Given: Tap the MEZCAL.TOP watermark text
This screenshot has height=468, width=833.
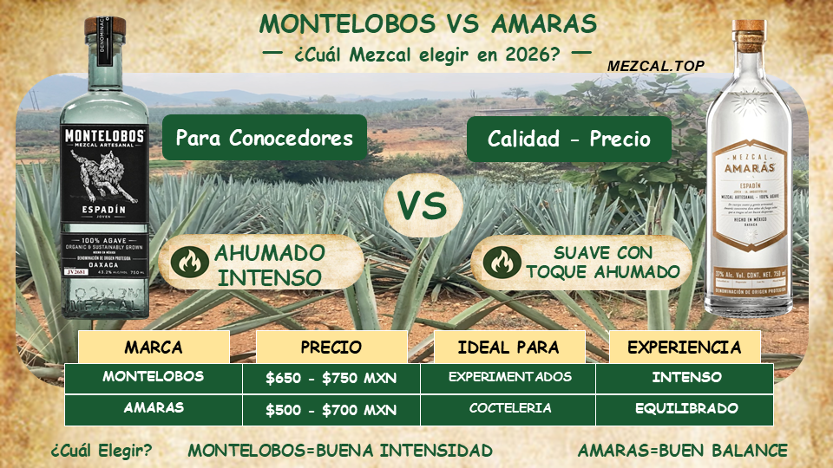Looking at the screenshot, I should click(x=655, y=65).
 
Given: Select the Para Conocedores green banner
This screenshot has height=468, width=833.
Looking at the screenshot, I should click(x=264, y=138).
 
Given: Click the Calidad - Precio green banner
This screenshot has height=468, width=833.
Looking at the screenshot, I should click(x=568, y=138).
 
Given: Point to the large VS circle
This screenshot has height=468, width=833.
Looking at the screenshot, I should click(x=422, y=205).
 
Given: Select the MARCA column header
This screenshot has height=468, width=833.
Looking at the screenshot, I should click(x=154, y=348).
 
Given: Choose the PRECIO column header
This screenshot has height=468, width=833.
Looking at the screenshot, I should click(x=331, y=348).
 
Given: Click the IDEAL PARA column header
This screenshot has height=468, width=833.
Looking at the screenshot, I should click(x=508, y=348).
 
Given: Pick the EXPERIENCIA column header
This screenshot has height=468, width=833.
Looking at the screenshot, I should click(x=684, y=348).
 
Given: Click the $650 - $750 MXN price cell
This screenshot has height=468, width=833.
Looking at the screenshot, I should click(x=331, y=378).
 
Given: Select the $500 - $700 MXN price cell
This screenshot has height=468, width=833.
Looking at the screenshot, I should click(x=331, y=409).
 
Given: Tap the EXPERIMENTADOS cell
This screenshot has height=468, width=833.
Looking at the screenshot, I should click(x=509, y=377).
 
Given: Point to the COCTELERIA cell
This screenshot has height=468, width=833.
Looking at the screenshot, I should click(x=509, y=408).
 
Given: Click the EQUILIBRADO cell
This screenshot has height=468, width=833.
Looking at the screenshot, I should click(x=685, y=408).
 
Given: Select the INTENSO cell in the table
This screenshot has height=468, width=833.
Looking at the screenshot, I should click(x=685, y=377).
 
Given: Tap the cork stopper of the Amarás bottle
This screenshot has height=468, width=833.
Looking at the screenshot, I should click(x=746, y=35).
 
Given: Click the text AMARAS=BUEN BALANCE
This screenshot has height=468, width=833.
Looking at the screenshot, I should click(x=683, y=451).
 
